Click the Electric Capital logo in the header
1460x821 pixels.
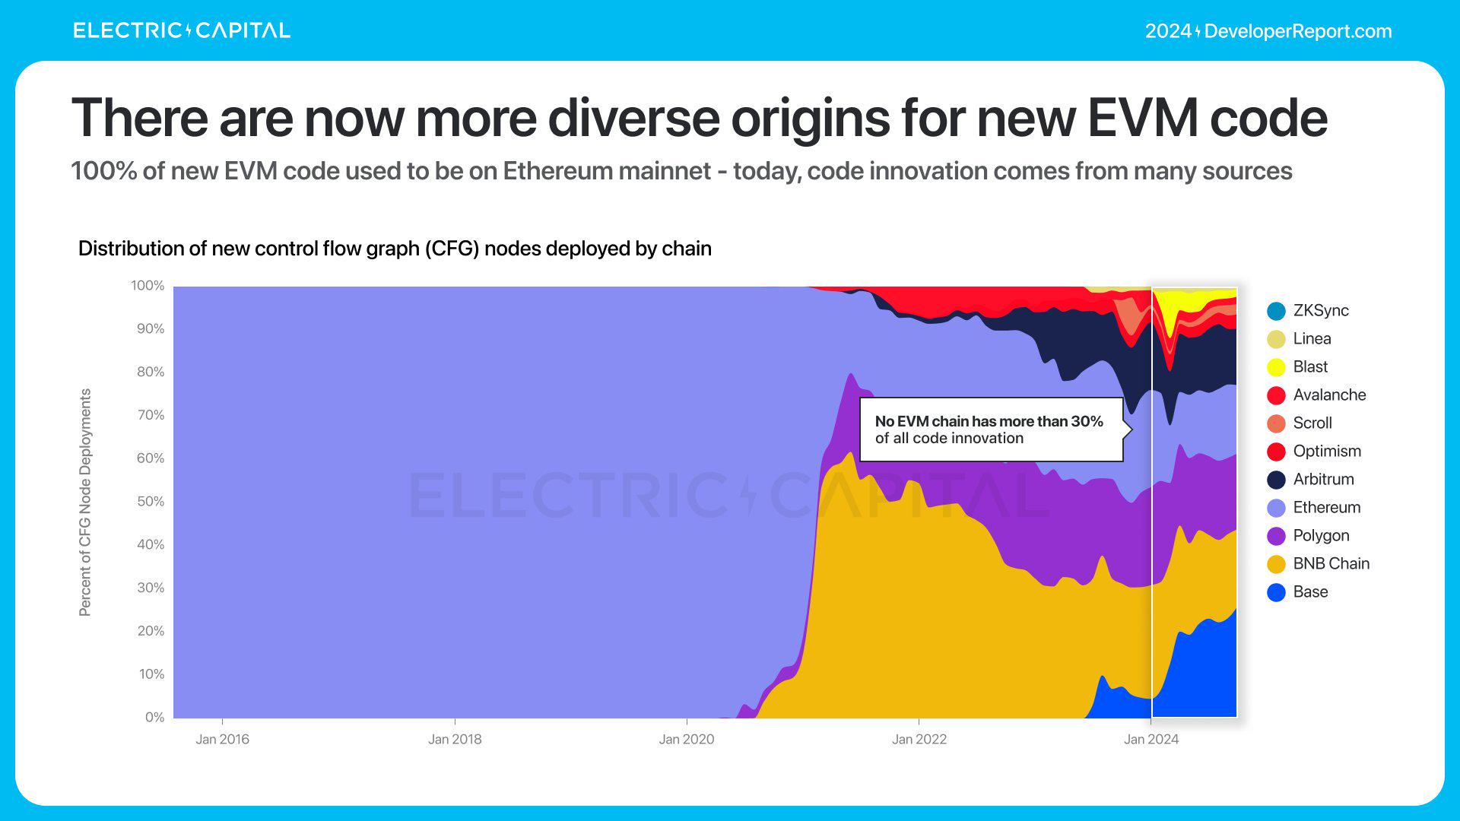tap(181, 30)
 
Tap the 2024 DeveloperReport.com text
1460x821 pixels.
tap(1268, 31)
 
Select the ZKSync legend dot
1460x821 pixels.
tap(1276, 311)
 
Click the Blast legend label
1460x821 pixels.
tap(1310, 366)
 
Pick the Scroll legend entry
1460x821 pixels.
tap(1312, 423)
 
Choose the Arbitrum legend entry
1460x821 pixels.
tap(1322, 479)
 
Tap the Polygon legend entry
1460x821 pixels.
tap(1320, 535)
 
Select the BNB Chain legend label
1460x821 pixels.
tap(1331, 563)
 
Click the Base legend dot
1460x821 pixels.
tap(1276, 592)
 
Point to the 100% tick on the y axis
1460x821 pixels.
tap(148, 286)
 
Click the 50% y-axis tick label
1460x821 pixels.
tap(150, 501)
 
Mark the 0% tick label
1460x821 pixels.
tap(154, 717)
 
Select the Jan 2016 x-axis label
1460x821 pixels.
tap(222, 739)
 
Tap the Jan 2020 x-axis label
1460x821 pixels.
tap(686, 739)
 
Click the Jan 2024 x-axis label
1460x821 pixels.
tap(1151, 739)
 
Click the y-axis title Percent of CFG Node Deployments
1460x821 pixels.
tap(85, 502)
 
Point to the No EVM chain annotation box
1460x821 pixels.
tap(990, 430)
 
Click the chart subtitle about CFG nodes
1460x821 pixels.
tap(395, 249)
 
